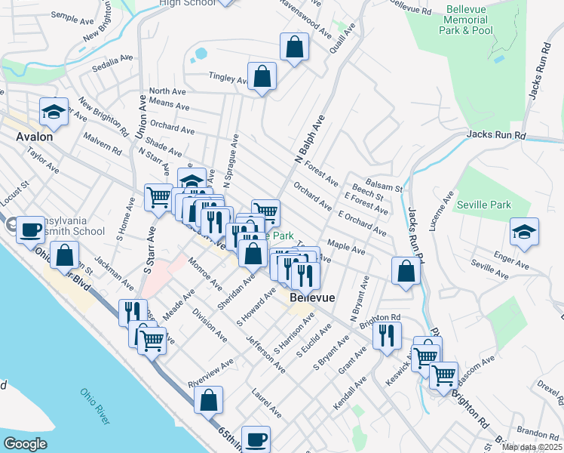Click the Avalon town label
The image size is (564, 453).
point(35,137)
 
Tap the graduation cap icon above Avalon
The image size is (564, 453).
point(54,112)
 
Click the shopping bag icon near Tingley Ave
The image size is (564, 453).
point(262,76)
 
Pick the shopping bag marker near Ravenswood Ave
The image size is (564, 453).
point(294,48)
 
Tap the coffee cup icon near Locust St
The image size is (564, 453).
point(31,229)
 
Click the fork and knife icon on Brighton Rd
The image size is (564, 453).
point(387,334)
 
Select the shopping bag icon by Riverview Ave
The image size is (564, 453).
point(209,401)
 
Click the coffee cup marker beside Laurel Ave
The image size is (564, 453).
point(256,439)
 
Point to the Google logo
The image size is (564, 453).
point(25,444)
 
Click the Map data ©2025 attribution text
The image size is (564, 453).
point(532,447)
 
